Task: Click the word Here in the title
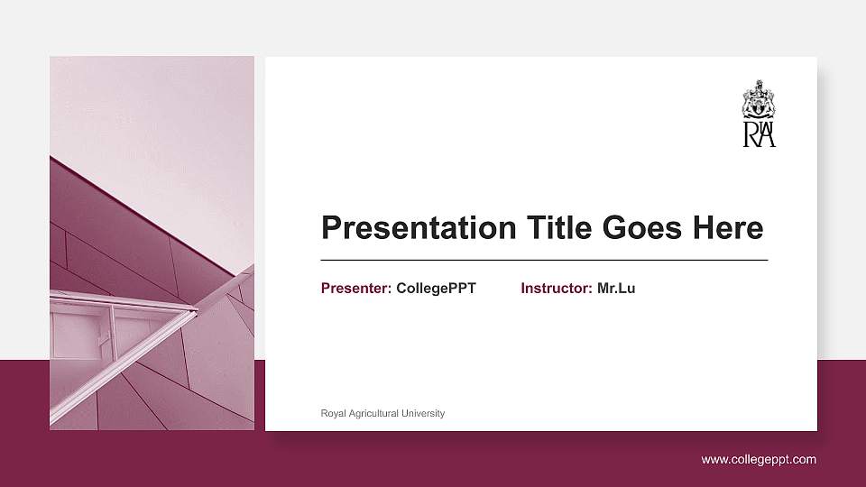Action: (x=728, y=228)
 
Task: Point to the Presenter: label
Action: (x=356, y=289)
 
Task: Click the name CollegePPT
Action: (x=436, y=289)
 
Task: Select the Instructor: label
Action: (x=557, y=289)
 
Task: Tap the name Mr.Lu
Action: (x=616, y=289)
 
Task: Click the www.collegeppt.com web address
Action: (x=759, y=460)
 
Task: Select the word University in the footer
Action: (x=423, y=414)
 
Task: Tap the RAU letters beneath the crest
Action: (x=759, y=134)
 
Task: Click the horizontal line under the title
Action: (x=544, y=260)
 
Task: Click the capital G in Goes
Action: (x=615, y=228)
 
